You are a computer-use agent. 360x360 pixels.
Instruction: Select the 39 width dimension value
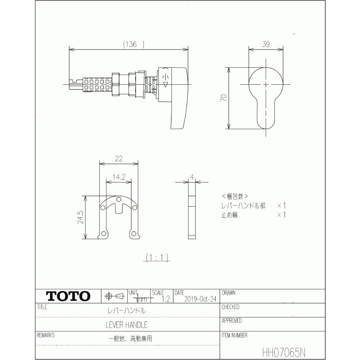pos(266,45)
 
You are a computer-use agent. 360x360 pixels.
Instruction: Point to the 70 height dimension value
pos(223,98)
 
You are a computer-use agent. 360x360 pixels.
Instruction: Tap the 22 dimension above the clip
pos(118,159)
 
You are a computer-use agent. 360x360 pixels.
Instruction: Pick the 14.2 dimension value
pos(118,177)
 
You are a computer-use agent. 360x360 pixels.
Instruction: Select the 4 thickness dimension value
pos(192,177)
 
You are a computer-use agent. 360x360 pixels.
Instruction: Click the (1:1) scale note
pos(157,257)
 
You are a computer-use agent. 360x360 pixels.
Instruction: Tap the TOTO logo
pos(68,296)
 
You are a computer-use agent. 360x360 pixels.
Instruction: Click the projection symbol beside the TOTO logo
pos(114,296)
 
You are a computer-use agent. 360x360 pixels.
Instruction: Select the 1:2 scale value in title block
pos(165,299)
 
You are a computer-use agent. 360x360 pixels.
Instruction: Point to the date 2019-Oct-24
pos(200,299)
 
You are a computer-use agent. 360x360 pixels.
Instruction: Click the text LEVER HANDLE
pos(126,325)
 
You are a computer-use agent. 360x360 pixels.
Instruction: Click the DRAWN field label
pos(229,293)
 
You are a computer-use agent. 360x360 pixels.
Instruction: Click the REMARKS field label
pos(45,335)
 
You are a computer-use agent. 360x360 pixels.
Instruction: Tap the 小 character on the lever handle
pos(165,76)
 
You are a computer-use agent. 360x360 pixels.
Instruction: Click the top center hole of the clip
pos(118,200)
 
